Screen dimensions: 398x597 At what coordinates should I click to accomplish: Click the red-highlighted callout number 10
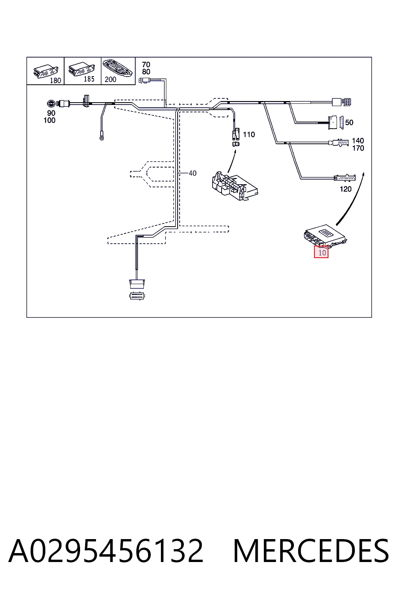click(x=322, y=253)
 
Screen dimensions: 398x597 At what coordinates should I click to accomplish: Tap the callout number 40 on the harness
click(x=192, y=173)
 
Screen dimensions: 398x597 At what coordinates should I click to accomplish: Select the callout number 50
click(x=349, y=122)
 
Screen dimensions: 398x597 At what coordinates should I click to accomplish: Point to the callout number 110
click(x=249, y=134)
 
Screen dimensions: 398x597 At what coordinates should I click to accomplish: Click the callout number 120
click(x=346, y=189)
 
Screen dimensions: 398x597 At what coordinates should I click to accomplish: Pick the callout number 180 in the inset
click(x=56, y=80)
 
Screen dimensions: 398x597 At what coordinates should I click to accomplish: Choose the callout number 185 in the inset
click(x=89, y=79)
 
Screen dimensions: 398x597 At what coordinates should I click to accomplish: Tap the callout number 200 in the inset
click(x=110, y=79)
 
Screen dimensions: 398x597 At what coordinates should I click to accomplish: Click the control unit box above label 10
click(x=325, y=236)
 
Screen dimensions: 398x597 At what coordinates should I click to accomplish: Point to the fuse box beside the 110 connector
click(x=235, y=186)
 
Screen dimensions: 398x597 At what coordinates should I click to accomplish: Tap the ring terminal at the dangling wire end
click(x=101, y=138)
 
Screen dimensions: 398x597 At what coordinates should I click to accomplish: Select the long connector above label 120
click(x=345, y=178)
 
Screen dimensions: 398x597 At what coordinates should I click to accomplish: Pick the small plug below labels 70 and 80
click(x=145, y=80)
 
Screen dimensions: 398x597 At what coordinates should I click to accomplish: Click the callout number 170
click(x=358, y=148)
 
